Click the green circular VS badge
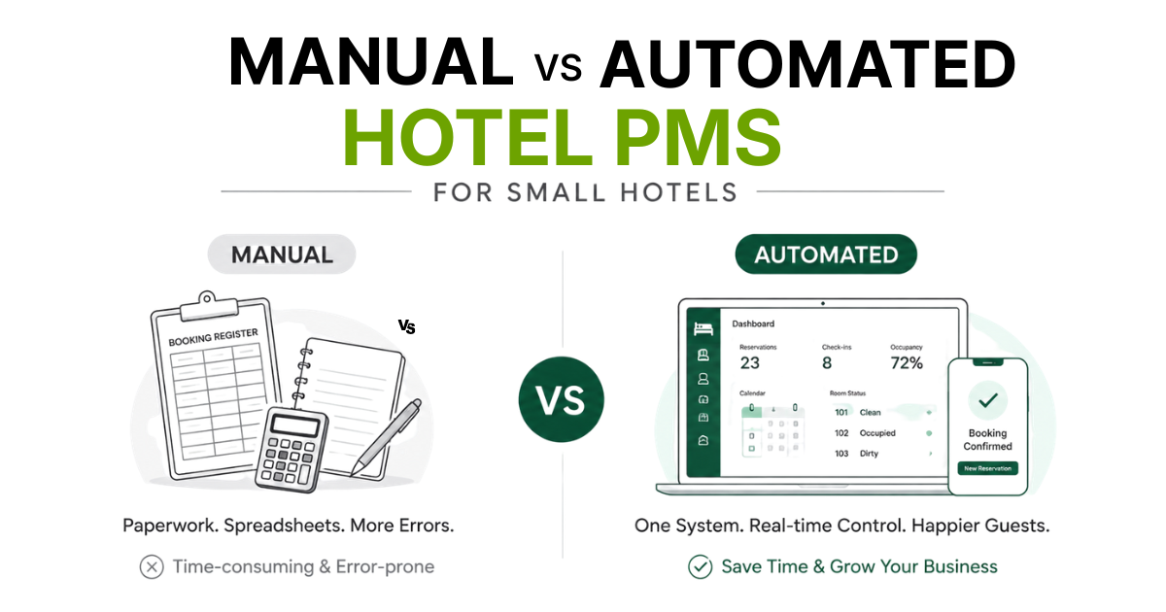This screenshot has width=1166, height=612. [562, 399]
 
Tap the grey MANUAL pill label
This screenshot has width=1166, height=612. [282, 255]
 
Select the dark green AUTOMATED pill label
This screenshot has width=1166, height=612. [826, 255]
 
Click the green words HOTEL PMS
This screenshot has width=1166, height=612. [563, 137]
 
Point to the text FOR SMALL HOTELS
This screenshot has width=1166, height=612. [585, 192]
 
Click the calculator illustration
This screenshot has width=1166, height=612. [291, 450]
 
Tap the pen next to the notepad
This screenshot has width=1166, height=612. [386, 437]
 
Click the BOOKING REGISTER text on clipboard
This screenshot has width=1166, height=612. [214, 337]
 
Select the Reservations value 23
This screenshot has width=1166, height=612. [749, 362]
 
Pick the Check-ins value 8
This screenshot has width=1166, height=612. [827, 362]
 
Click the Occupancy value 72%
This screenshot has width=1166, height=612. [907, 362]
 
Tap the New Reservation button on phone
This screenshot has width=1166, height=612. [987, 468]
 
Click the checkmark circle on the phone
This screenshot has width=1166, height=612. [988, 400]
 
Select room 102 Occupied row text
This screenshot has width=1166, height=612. [865, 433]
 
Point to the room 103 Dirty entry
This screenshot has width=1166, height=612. [856, 454]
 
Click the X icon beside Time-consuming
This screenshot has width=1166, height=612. [152, 566]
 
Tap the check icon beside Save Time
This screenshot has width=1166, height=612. [701, 566]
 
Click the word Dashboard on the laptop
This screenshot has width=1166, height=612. [753, 323]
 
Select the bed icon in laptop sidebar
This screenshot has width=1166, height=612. [703, 329]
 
